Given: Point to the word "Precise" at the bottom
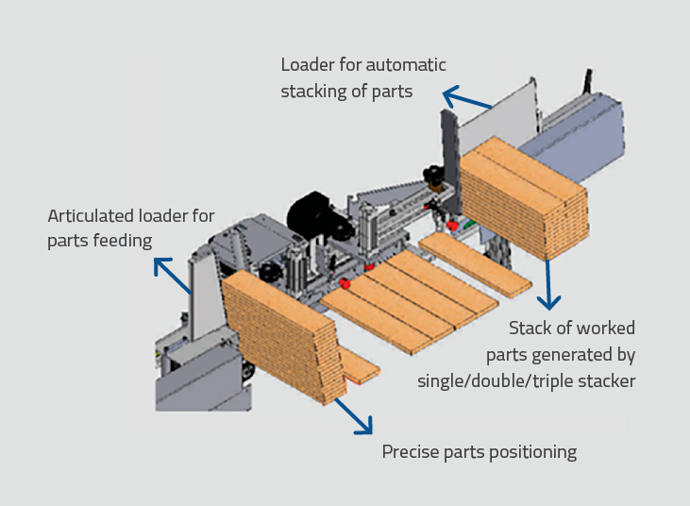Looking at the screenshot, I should coord(412,452).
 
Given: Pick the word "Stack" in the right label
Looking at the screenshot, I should coord(531,329).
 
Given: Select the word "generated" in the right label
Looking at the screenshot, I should coord(582,355).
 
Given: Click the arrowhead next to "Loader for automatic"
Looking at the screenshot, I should coord(451,95).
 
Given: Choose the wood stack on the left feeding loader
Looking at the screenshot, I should coord(278,335).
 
